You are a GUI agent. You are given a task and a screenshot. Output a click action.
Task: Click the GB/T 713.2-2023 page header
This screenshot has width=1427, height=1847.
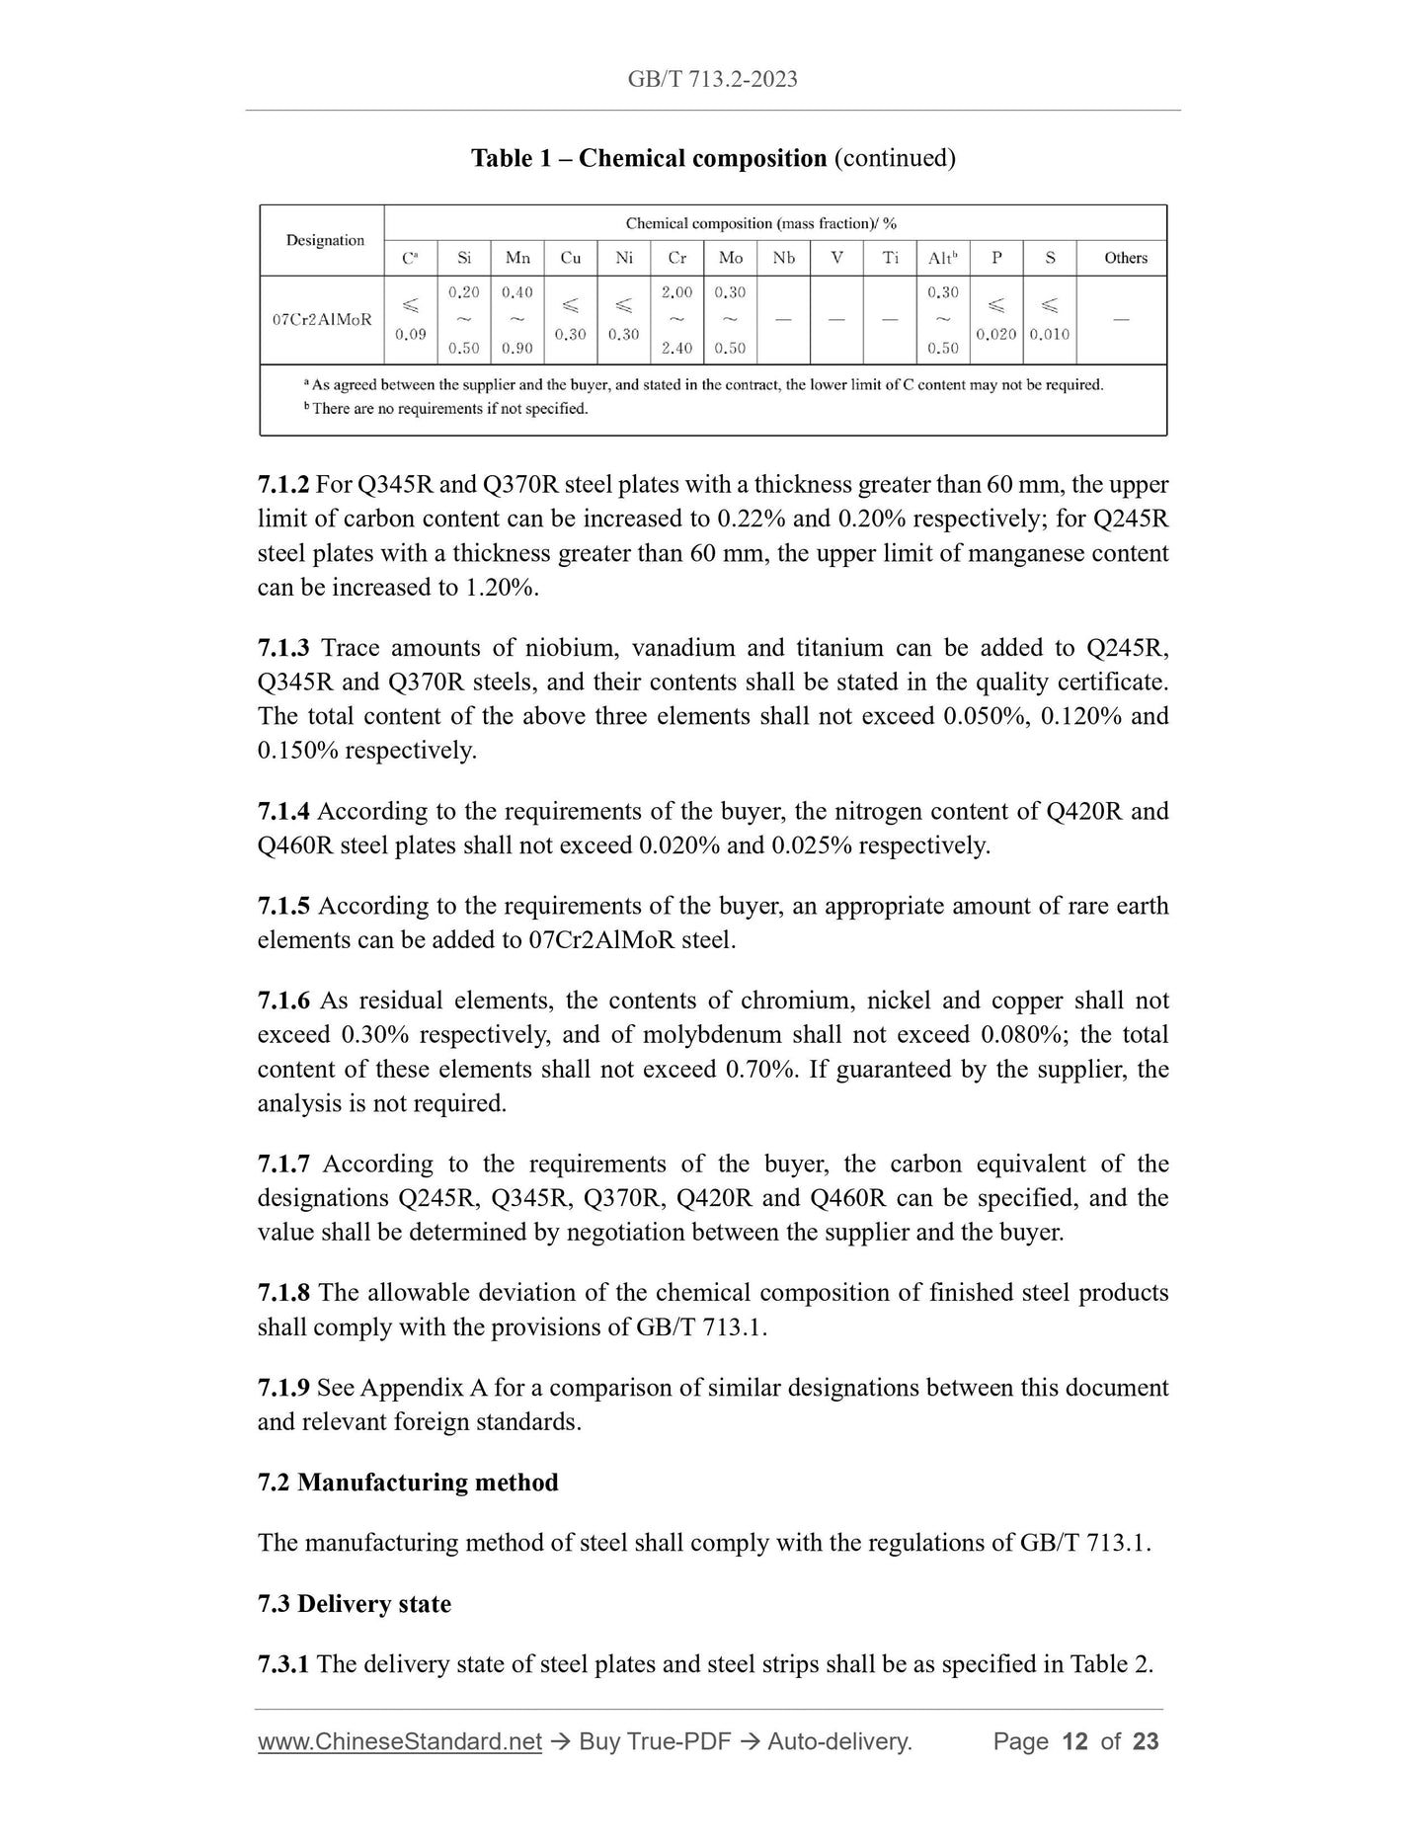(712, 79)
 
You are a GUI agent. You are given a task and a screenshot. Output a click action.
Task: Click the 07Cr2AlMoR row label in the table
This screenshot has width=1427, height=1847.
(322, 319)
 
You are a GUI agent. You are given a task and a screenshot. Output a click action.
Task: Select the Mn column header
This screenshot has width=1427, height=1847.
(517, 258)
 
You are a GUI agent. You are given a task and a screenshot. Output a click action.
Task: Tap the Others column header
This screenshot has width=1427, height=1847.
(1125, 258)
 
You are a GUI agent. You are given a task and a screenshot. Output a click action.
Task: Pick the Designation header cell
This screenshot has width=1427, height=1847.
(325, 240)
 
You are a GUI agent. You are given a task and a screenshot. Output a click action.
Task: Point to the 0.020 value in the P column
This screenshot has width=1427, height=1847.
(995, 334)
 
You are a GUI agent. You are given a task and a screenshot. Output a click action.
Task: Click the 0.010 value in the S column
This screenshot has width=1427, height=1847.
(1049, 334)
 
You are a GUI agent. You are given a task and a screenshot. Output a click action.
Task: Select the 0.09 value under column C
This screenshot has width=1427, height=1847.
(410, 334)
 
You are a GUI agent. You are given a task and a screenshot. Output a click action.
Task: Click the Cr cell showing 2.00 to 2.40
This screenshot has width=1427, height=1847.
(676, 319)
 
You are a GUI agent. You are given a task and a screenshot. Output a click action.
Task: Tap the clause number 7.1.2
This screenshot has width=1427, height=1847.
(283, 485)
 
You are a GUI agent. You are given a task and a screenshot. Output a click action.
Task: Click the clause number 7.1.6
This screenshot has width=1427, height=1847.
(283, 1001)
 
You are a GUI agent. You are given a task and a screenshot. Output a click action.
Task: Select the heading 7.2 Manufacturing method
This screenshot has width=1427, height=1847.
(408, 1483)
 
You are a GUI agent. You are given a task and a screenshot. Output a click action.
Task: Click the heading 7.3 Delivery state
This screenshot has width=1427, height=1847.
(355, 1604)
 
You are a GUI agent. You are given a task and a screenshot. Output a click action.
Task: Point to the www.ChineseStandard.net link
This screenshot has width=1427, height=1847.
(400, 1741)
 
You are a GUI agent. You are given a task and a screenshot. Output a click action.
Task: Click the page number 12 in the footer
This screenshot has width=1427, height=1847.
(1074, 1741)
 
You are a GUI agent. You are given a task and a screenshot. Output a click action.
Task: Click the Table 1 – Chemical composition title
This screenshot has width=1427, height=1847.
(712, 158)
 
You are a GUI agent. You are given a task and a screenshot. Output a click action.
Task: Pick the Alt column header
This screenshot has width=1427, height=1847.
(942, 258)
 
